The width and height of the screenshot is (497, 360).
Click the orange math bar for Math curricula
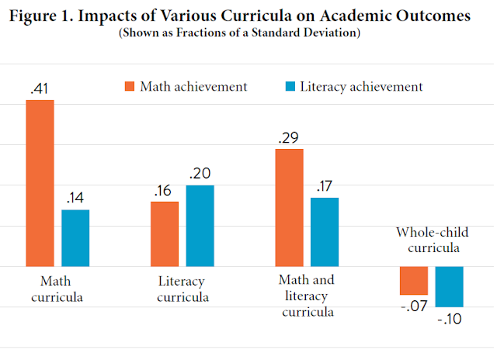click(40, 183)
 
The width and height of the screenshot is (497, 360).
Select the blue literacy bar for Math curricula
click(75, 237)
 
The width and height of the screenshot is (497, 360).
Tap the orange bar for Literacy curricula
click(165, 234)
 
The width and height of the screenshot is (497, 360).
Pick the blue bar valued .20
click(200, 225)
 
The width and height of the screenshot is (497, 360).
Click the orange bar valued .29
click(290, 207)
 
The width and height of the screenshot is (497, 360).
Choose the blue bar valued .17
click(325, 232)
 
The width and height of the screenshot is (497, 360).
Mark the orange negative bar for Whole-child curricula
click(414, 280)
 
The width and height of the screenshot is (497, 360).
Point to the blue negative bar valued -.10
click(449, 286)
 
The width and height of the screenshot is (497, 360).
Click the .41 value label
click(40, 88)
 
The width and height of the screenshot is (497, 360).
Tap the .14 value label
click(75, 199)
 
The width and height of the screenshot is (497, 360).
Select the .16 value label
click(165, 191)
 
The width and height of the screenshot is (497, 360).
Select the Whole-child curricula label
click(429, 240)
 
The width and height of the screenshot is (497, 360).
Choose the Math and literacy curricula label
click(307, 296)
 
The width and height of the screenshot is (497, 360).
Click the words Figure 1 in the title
click(52, 18)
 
